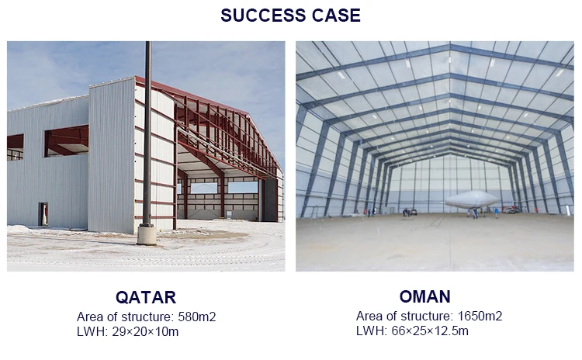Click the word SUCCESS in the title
[x=263, y=16]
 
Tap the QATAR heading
[x=146, y=297]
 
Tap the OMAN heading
[x=425, y=296]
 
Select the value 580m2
[x=197, y=317]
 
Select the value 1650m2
[x=480, y=317]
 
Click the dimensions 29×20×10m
[x=145, y=331]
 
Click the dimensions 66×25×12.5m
[x=430, y=331]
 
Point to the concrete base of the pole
[x=147, y=235]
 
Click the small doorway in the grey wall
[x=43, y=214]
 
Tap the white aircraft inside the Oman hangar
[x=472, y=199]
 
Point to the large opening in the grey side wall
[x=67, y=141]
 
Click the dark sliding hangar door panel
[x=270, y=200]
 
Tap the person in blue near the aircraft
[x=497, y=213]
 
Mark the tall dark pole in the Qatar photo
[x=147, y=133]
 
